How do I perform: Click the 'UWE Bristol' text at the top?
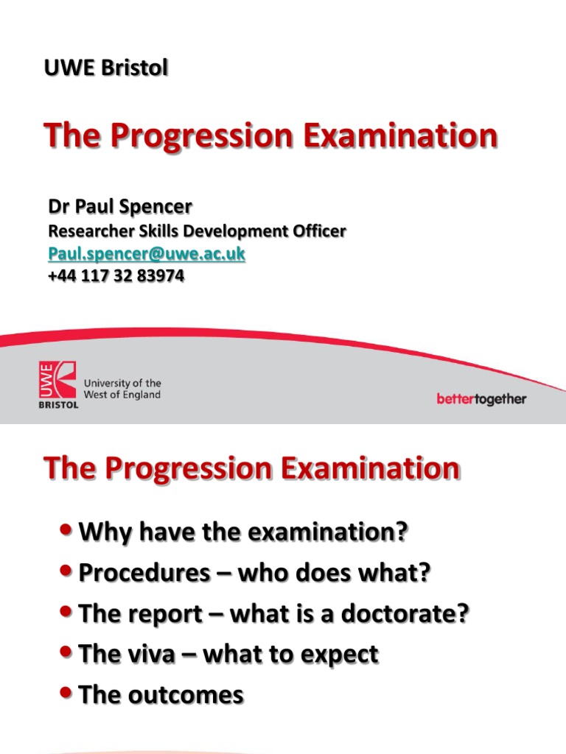point(106,68)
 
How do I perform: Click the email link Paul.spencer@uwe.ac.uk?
point(147,254)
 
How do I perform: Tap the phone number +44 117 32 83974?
point(116,276)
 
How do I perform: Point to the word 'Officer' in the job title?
point(316,231)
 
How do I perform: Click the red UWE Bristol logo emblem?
point(57,384)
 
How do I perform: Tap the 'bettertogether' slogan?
point(481,399)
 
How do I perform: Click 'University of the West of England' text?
point(122,390)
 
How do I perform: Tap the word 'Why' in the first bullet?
point(102,532)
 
